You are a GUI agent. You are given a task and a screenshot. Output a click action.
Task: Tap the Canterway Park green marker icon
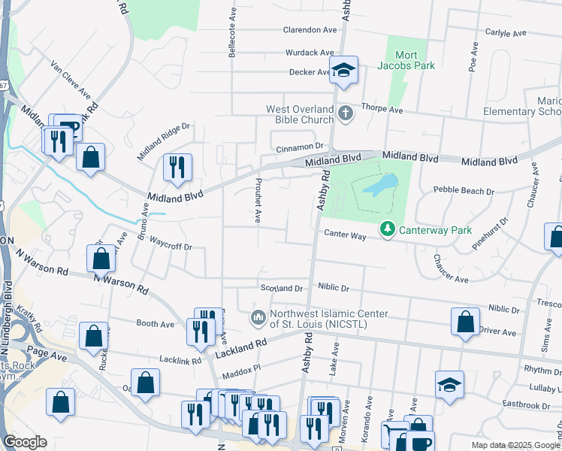388,228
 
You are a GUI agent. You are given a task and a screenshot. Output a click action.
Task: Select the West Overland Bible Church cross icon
345,114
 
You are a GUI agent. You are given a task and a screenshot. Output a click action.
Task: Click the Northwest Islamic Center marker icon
258,318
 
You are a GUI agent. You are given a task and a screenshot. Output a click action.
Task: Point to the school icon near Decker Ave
344,70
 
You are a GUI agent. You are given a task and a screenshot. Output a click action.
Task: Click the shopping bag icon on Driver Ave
465,321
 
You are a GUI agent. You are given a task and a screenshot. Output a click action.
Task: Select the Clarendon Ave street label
310,30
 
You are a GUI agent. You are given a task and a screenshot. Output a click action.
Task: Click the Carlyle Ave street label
506,33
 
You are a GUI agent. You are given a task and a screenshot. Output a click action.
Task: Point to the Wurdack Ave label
309,53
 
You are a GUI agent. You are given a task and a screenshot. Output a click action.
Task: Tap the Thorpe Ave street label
382,110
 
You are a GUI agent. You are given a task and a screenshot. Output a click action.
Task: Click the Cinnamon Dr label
298,147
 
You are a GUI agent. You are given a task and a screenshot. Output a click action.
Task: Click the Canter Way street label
345,235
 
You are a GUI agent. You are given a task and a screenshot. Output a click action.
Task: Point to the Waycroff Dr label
171,246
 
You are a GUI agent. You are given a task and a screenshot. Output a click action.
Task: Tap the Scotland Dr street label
281,288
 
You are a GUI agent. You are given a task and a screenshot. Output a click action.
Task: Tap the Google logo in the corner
25,442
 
